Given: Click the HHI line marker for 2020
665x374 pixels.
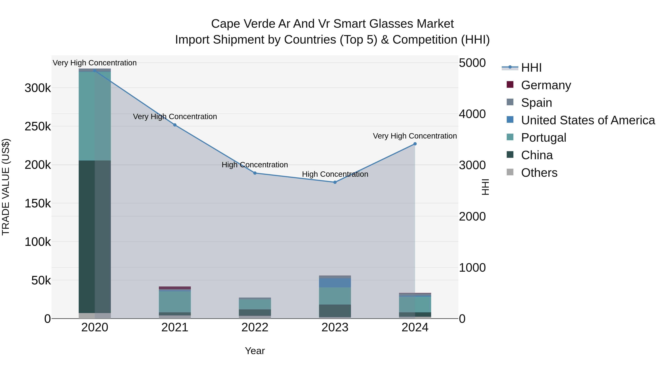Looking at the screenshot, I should tap(95, 71).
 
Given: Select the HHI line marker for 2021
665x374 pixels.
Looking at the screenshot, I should tap(175, 125).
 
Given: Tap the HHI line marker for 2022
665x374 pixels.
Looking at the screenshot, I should tap(255, 173).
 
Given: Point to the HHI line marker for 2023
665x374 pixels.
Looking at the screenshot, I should tap(335, 182).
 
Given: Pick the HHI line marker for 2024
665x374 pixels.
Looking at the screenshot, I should tap(415, 144).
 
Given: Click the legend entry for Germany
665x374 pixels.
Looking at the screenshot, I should tap(546, 85).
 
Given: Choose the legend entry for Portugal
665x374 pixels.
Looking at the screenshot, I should tap(543, 138).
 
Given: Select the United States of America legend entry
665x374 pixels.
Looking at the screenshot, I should tap(588, 120).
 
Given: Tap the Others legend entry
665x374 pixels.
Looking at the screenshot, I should tap(539, 173).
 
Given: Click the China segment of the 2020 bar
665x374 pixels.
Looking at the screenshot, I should tap(95, 236).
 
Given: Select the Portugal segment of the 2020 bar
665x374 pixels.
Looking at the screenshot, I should tap(95, 116).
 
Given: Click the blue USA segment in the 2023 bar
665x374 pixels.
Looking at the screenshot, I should tap(335, 283).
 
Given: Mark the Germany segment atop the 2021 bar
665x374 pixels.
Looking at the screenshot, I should tap(175, 288).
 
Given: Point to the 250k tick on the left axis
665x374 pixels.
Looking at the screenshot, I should tap(38, 127).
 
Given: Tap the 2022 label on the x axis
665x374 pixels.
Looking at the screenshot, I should tap(255, 327).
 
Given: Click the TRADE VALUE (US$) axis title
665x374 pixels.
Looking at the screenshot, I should tap(6, 187).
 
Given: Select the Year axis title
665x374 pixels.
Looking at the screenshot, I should tap(255, 351).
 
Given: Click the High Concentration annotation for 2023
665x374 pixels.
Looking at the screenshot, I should tap(335, 174).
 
